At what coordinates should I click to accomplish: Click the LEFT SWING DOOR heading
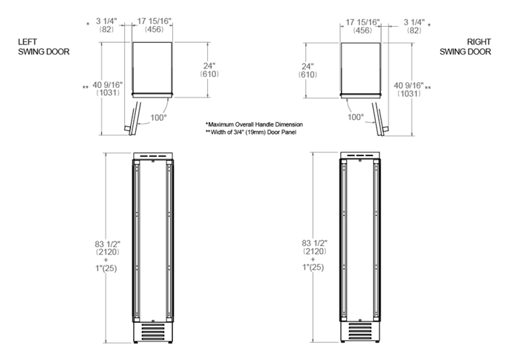44,47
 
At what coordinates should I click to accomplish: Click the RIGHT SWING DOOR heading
465,47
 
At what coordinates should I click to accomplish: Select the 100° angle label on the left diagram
159,118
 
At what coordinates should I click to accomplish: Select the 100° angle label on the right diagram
356,117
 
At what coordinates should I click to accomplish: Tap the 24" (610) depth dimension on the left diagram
209,70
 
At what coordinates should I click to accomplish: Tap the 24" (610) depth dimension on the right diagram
308,71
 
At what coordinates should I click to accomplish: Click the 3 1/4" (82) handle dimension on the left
105,25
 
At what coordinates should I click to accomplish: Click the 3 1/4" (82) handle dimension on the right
414,26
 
